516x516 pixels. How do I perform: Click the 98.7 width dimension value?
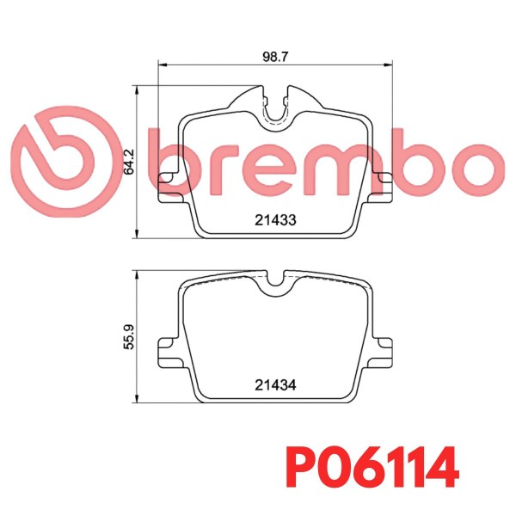coord(275,57)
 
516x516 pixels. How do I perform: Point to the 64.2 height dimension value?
coord(129,162)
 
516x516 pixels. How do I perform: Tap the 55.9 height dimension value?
coord(129,337)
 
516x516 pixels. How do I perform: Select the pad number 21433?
coord(275,220)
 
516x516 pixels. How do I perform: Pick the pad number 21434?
coord(275,384)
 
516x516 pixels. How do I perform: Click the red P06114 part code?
coord(372,467)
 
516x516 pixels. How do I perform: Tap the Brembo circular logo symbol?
coord(66,162)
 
